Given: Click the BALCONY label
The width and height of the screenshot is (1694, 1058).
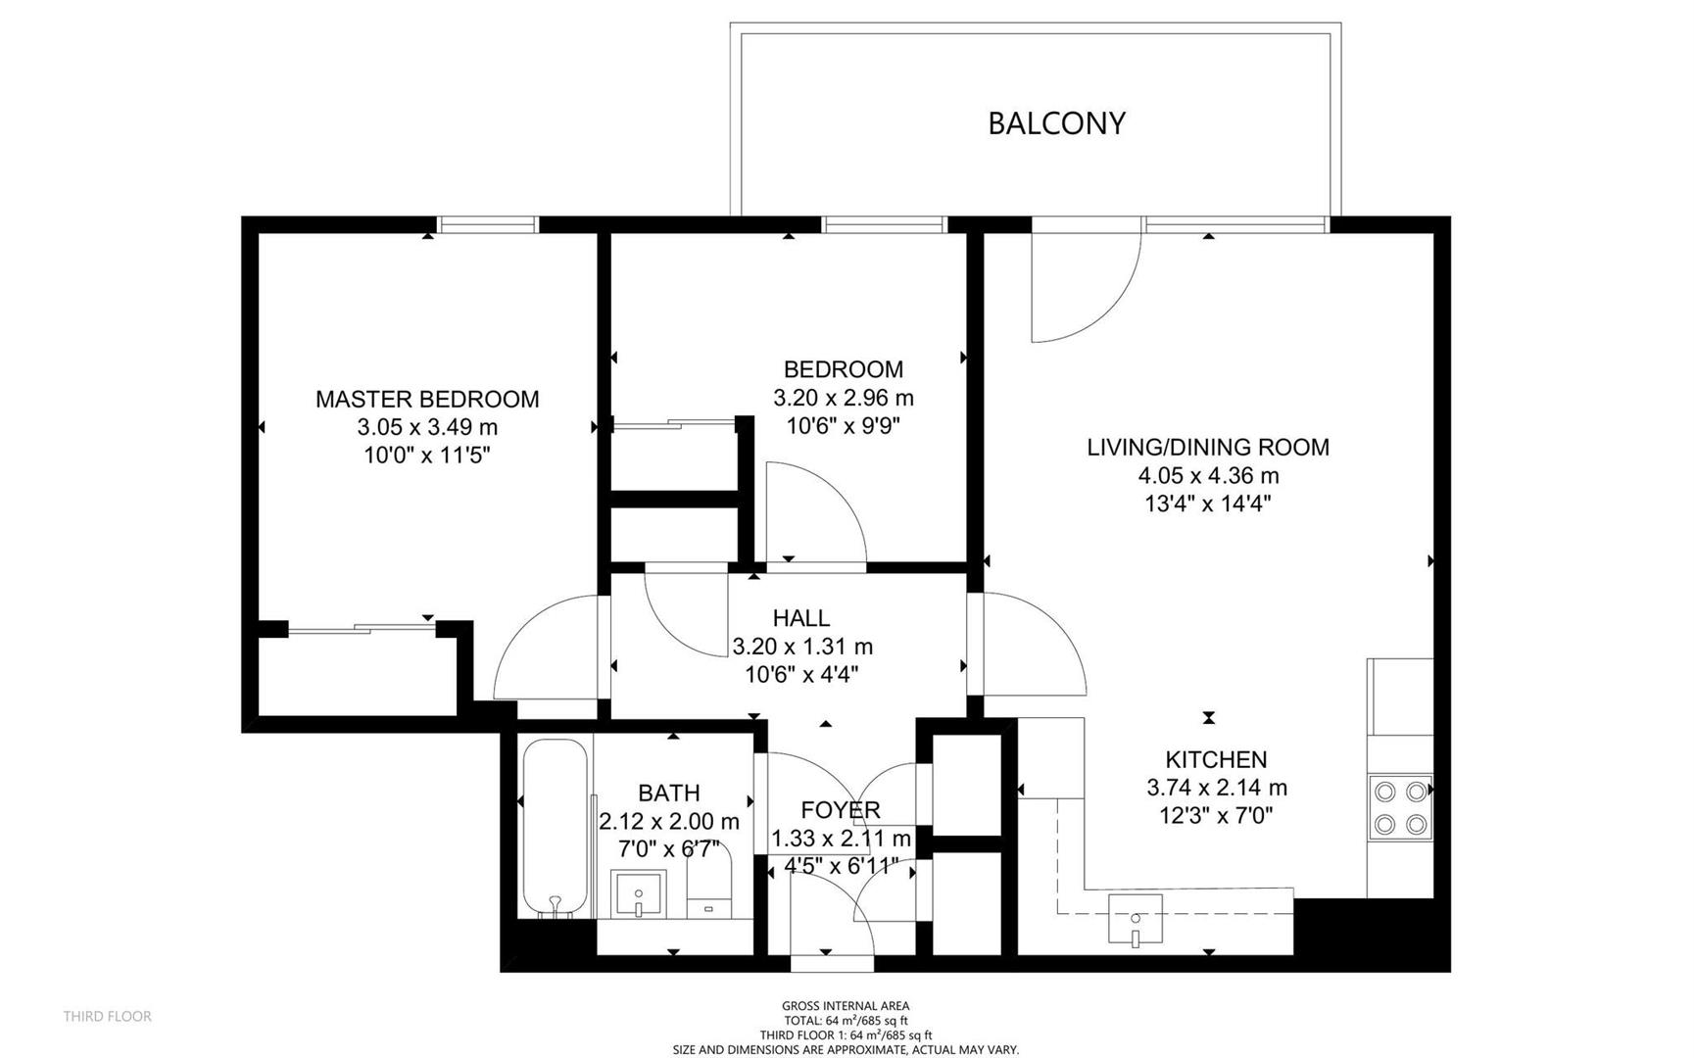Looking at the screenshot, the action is click(1056, 123).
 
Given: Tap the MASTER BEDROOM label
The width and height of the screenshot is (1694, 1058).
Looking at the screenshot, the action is click(427, 399).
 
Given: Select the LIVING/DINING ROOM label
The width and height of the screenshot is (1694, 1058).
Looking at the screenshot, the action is click(1208, 447).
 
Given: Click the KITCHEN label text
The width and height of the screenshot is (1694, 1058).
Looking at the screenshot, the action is click(1216, 759).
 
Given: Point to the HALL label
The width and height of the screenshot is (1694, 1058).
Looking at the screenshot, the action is click(801, 618).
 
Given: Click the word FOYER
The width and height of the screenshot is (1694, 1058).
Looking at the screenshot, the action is click(841, 810).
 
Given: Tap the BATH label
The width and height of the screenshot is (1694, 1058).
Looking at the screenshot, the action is click(669, 793).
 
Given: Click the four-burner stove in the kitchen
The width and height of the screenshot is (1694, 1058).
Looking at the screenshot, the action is click(1400, 807).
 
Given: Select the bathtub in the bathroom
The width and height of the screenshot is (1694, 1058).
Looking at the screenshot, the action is click(556, 829).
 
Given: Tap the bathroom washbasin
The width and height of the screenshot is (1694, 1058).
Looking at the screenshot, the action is click(638, 894).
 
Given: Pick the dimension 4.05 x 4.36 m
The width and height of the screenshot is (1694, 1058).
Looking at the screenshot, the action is click(1208, 476).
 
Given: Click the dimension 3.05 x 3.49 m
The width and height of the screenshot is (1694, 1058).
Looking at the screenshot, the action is click(427, 427).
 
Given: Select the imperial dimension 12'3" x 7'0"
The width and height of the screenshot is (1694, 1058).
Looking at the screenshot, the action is click(1216, 815).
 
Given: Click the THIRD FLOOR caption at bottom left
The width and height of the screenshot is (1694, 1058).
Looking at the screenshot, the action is click(108, 1017).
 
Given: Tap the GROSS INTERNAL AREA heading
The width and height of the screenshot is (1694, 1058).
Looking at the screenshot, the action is click(846, 1006).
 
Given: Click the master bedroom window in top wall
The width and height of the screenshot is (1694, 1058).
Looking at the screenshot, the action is click(488, 224).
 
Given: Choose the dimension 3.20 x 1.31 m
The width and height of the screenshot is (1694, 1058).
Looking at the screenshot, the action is click(802, 647).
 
